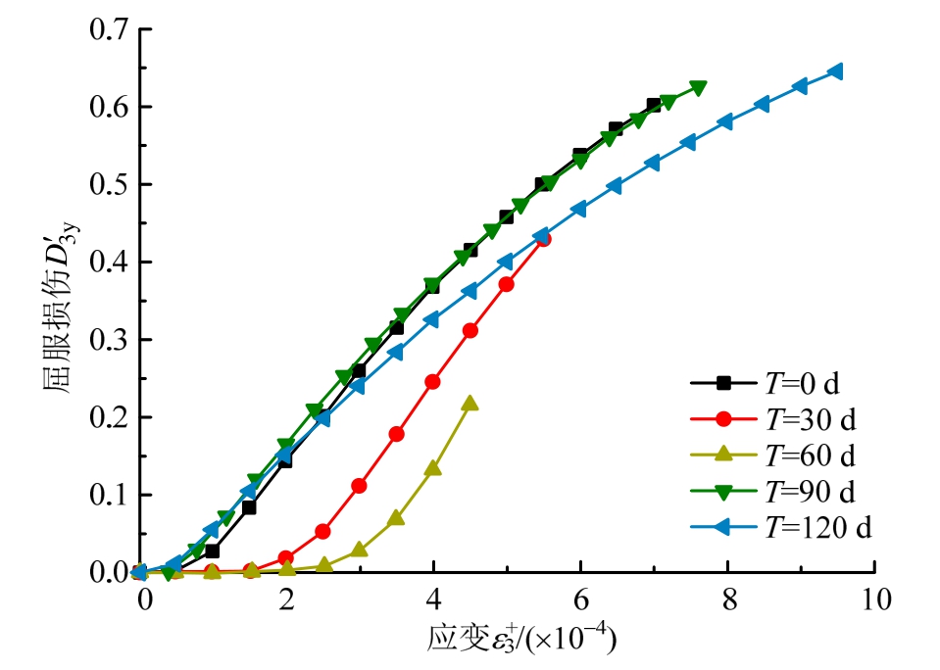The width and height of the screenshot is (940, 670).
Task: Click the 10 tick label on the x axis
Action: point(874,598)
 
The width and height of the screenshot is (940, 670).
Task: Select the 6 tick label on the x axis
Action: point(580,598)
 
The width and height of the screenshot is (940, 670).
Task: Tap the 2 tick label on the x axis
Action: point(286,598)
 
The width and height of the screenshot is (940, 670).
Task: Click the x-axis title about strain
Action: point(522,639)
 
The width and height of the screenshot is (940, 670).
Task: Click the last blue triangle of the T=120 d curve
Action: point(837,72)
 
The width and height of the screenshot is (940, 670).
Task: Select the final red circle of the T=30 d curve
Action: point(543,238)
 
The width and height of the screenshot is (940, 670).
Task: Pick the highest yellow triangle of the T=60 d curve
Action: point(470,403)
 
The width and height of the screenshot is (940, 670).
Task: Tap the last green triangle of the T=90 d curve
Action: point(698,88)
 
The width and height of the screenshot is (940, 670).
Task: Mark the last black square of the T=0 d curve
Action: point(654,105)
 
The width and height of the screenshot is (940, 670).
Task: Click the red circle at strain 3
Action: point(360,486)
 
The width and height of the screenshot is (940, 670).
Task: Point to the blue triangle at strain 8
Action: point(726,122)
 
